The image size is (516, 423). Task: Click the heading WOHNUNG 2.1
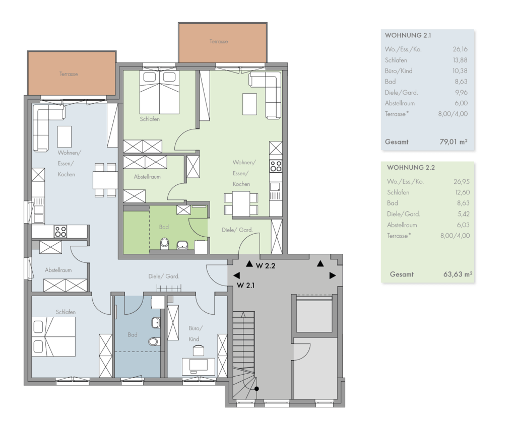click(408, 35)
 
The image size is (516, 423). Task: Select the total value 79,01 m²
click(454, 142)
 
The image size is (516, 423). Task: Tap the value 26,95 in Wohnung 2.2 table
click(462, 182)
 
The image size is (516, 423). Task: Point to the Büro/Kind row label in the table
click(399, 70)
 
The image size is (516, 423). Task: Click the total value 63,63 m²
click(458, 274)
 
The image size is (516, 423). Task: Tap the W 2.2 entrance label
click(265, 266)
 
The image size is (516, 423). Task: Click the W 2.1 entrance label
click(245, 285)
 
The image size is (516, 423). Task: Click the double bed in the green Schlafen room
click(159, 93)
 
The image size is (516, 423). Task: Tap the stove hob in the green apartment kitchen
click(276, 166)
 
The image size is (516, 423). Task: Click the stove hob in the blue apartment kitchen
click(60, 231)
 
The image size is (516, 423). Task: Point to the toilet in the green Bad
click(165, 243)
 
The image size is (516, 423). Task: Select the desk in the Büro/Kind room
click(199, 367)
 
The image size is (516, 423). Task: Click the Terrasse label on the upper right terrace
click(219, 41)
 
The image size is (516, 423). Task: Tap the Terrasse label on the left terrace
click(69, 74)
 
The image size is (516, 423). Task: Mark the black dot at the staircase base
click(256, 389)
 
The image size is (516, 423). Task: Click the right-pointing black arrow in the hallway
click(333, 275)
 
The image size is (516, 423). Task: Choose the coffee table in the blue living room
click(64, 137)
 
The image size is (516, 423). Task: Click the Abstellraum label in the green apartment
click(147, 177)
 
